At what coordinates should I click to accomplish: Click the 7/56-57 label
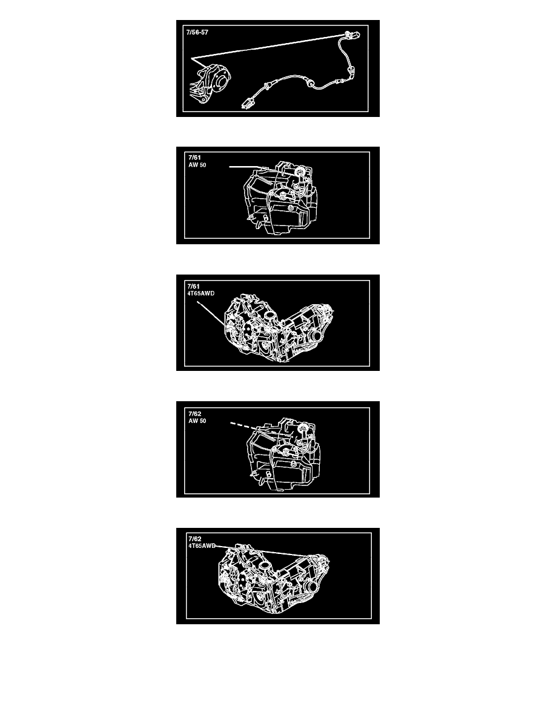197,33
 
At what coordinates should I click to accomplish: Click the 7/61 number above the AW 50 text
194,158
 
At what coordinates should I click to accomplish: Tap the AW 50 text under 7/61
197,165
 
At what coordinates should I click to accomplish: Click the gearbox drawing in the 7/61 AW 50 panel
280,198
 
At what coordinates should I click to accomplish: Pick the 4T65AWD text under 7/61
201,293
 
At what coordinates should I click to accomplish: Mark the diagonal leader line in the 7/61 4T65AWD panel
211,314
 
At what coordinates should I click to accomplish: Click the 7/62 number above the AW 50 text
194,414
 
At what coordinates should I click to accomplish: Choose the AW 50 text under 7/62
197,421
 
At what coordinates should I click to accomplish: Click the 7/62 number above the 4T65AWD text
194,539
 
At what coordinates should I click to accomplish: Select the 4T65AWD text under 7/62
202,546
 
